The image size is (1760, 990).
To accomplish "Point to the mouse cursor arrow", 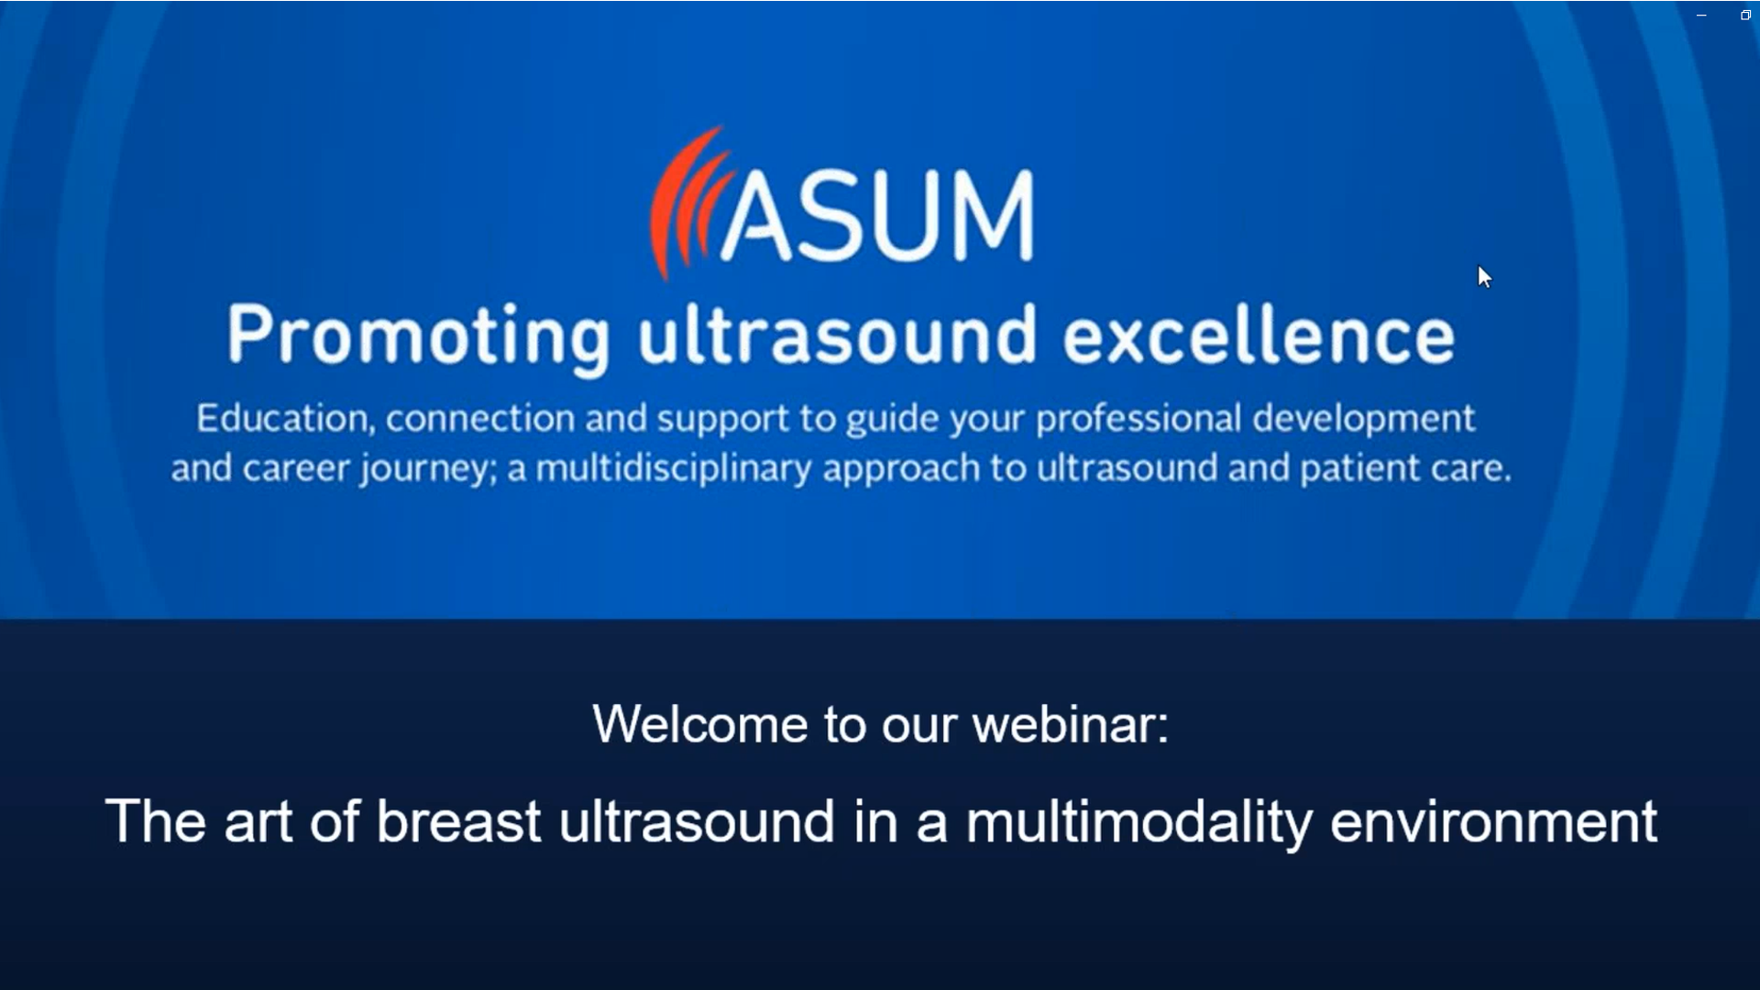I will [1483, 276].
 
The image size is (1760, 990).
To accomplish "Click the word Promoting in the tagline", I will [418, 336].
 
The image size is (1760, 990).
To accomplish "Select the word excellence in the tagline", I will [1258, 336].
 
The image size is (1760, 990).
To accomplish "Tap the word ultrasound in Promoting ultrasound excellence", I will [837, 336].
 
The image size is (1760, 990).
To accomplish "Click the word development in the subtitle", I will [1363, 419].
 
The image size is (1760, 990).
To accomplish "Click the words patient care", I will [1403, 468].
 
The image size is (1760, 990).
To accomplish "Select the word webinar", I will [1069, 724].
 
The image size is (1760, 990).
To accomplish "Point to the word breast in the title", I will [457, 821].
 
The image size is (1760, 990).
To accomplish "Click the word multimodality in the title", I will [1138, 821].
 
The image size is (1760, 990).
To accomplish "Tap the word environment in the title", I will [1492, 821].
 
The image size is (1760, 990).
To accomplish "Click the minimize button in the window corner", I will [1701, 16].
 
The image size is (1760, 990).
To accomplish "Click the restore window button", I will [1745, 16].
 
